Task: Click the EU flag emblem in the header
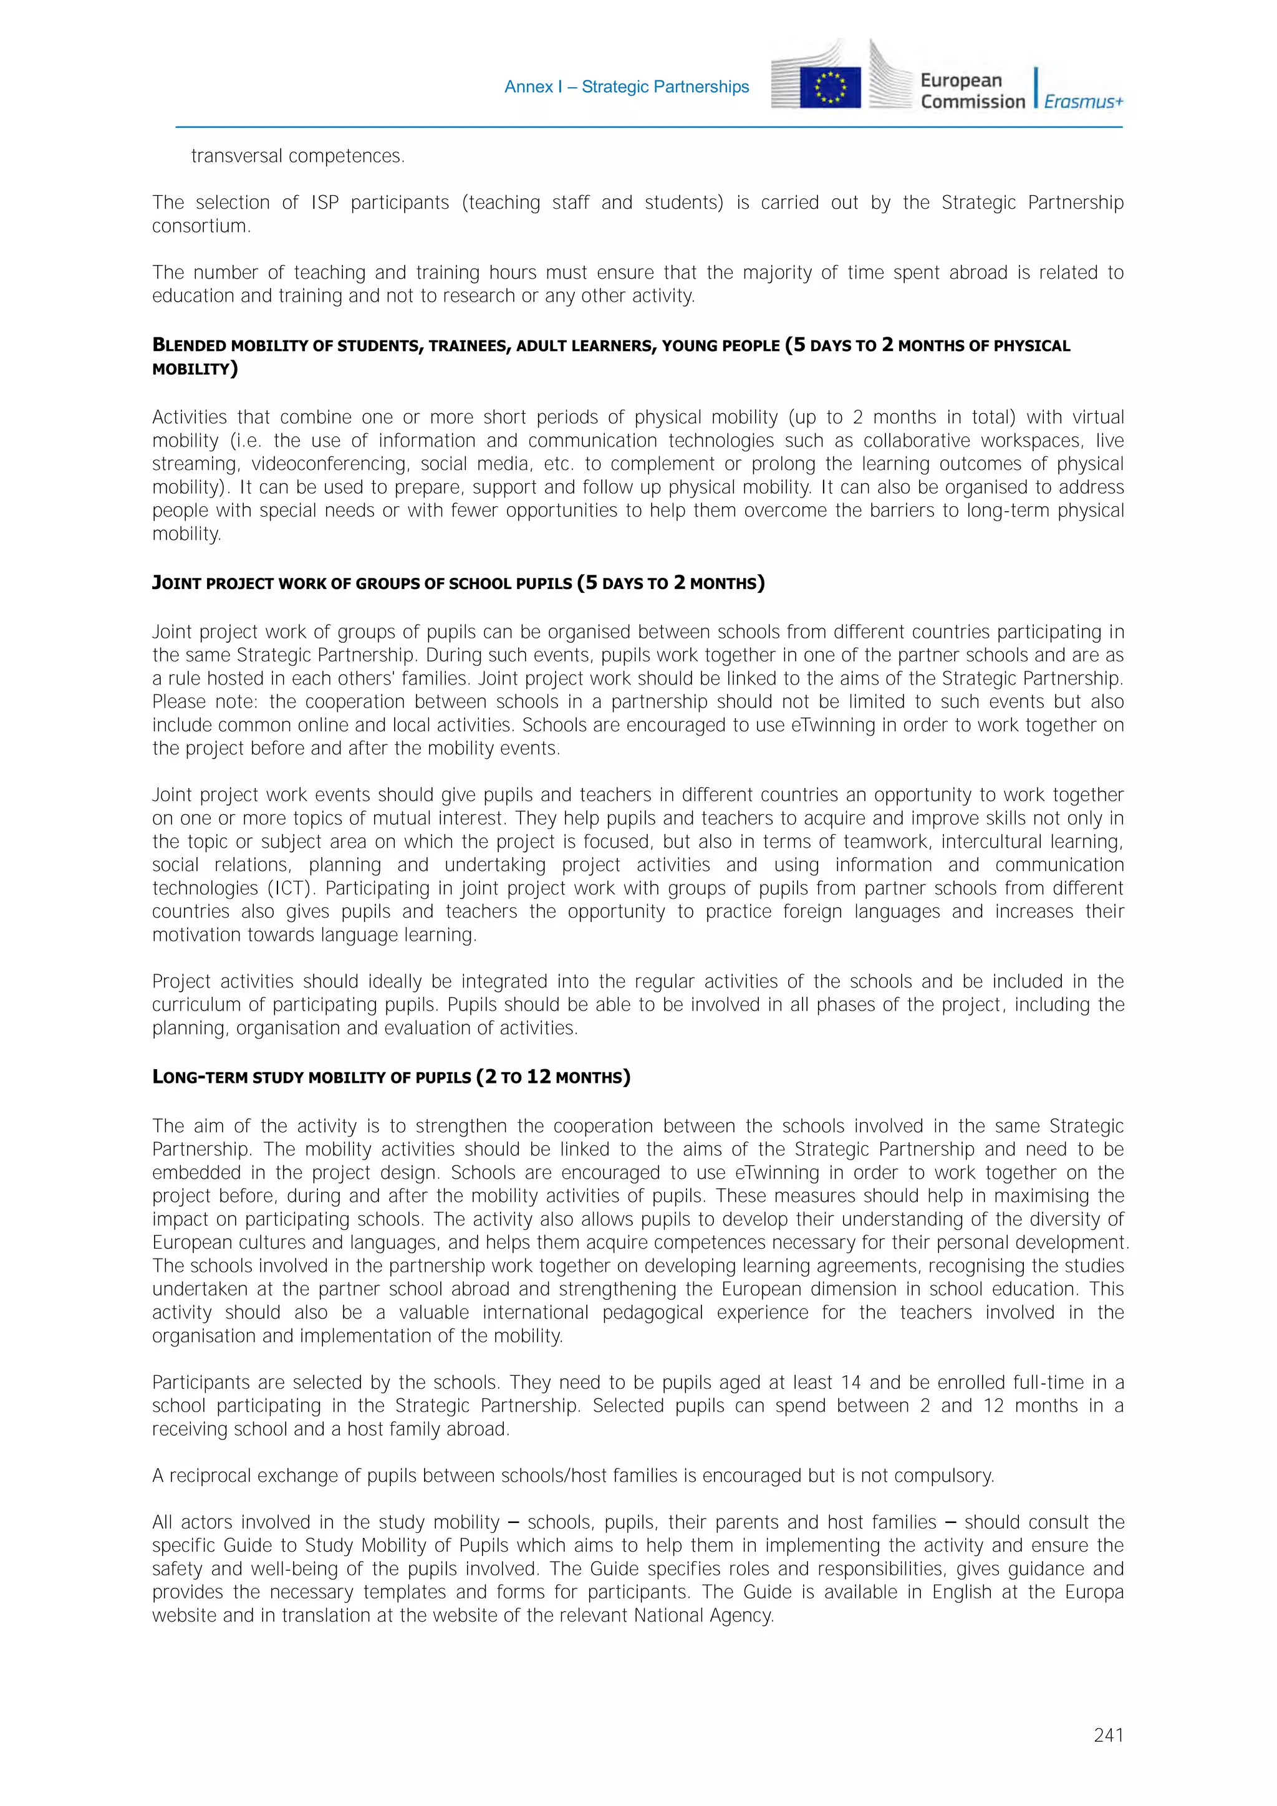pyautogui.click(x=829, y=87)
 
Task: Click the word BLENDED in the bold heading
pyautogui.click(x=189, y=345)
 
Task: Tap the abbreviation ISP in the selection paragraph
pyautogui.click(x=324, y=203)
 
